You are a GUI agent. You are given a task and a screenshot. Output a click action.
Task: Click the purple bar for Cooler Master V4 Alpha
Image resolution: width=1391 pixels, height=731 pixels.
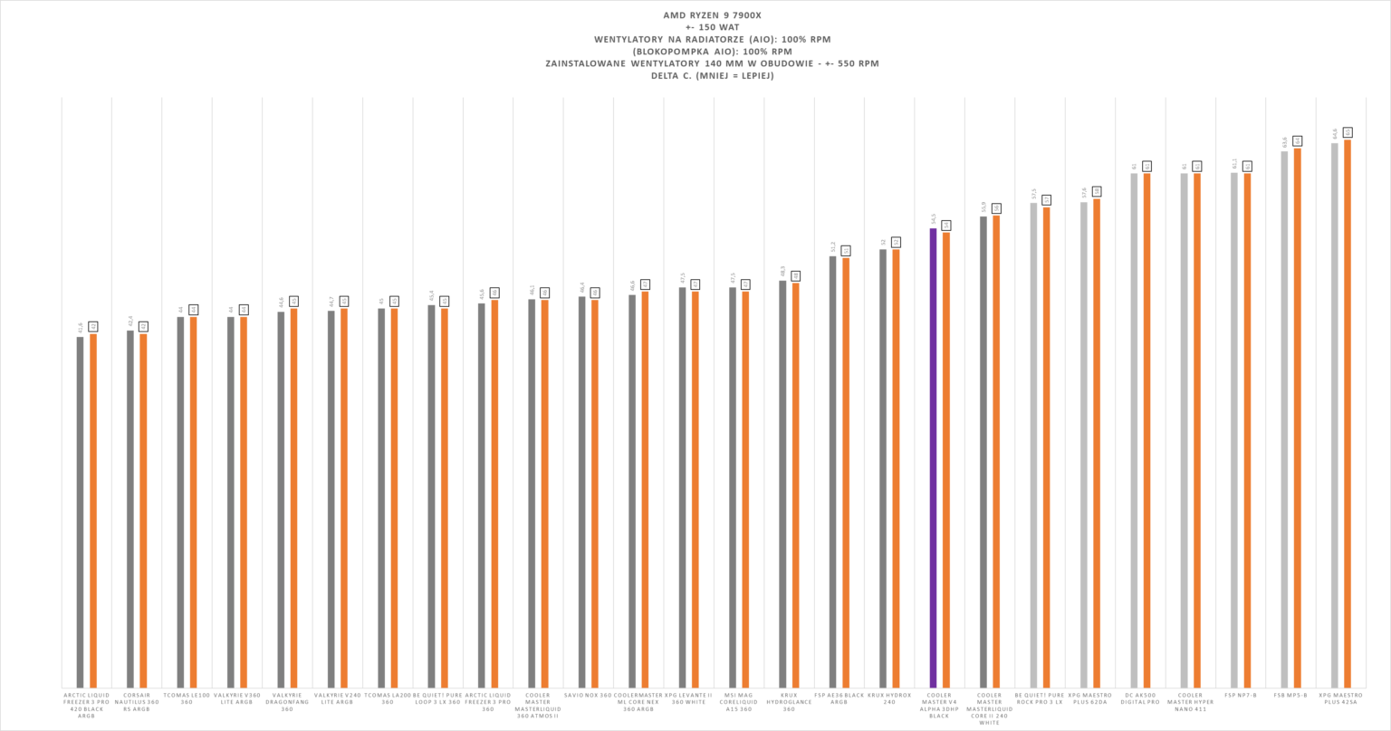933,457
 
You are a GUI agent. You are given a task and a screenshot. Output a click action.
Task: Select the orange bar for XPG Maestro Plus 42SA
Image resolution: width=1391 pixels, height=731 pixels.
1348,413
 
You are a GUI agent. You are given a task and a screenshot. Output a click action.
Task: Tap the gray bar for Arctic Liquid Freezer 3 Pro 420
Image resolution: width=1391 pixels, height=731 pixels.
80,512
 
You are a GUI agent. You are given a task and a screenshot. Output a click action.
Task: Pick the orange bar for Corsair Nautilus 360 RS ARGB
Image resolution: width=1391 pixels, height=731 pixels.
143,511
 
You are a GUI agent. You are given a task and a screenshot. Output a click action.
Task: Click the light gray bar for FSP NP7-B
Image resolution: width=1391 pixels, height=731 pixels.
1233,429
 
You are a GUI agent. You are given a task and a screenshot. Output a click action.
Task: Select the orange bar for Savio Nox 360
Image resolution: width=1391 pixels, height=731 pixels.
595,494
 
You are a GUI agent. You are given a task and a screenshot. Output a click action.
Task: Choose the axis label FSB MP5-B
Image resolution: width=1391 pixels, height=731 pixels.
1290,696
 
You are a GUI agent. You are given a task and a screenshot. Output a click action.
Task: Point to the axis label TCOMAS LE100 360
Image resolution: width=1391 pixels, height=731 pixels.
187,698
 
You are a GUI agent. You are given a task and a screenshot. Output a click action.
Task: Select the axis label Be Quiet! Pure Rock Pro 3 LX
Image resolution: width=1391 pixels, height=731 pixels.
1040,698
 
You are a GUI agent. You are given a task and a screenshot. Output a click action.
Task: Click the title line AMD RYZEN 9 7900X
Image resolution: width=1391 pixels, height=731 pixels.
695,15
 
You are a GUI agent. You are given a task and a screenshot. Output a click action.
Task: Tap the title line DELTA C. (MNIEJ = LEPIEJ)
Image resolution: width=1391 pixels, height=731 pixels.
695,76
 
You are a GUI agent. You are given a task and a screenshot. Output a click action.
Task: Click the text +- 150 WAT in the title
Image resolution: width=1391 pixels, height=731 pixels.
695,27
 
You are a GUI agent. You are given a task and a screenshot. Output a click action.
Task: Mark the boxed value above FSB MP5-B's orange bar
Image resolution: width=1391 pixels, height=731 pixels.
1298,140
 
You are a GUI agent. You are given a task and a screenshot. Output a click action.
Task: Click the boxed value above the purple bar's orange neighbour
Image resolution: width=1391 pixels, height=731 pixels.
946,225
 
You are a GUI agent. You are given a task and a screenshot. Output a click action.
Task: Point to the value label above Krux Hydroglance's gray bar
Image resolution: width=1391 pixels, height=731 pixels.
782,272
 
